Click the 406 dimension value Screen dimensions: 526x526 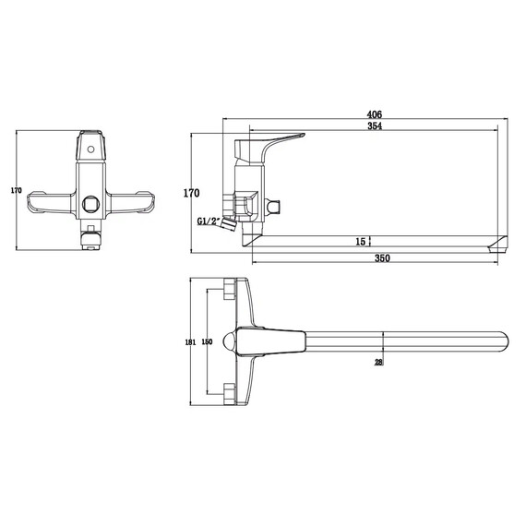[375, 114]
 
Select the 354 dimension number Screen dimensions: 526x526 [375, 126]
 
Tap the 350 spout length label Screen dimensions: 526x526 [382, 258]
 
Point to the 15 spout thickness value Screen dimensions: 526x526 [360, 242]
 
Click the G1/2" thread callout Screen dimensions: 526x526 [209, 221]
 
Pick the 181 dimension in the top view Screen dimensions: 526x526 [190, 342]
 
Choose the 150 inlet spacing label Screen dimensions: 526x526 [208, 341]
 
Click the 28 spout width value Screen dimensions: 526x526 [378, 363]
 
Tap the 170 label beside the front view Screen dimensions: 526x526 [16, 190]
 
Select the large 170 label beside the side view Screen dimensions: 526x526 [191, 193]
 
